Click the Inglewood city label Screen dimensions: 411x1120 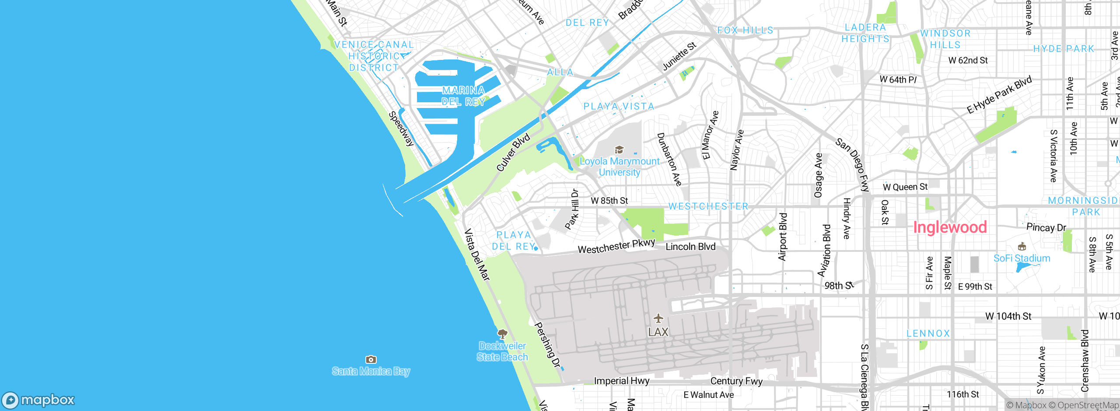[x=950, y=227]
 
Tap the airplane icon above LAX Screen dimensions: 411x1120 [x=658, y=318]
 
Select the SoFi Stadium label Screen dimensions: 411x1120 [x=1022, y=258]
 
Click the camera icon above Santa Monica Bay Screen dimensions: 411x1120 [x=371, y=359]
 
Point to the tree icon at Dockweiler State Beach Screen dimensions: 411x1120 [x=503, y=334]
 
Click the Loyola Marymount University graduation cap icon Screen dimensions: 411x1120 [x=619, y=150]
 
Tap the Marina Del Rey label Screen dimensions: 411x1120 [x=463, y=96]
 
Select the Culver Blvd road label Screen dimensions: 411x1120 [x=513, y=152]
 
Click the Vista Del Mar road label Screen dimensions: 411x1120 [x=476, y=254]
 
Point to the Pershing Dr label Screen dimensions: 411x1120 [x=547, y=345]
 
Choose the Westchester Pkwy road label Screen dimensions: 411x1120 [x=616, y=247]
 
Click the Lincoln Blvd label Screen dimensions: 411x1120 [x=690, y=247]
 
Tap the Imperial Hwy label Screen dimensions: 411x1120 [x=621, y=381]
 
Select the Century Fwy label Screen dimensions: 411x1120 [x=736, y=381]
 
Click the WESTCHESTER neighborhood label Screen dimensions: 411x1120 [x=708, y=206]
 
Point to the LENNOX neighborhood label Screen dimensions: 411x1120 [x=928, y=334]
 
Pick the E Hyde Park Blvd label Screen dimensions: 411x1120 [x=999, y=95]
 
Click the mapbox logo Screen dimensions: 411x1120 [x=38, y=400]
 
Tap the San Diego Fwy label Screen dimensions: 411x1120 [x=852, y=165]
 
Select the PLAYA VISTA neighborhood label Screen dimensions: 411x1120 [x=619, y=106]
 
